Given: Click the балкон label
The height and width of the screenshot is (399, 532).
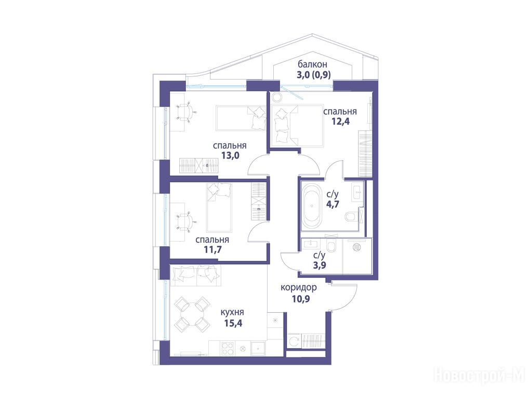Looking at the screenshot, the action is click(312, 64).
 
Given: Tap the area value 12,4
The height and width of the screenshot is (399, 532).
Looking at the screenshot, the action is click(340, 121).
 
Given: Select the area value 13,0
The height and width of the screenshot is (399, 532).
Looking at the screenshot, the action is click(230, 155).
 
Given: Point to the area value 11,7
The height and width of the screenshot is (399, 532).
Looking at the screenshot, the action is click(212, 250).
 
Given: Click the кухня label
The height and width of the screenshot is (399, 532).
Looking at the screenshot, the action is click(232, 312).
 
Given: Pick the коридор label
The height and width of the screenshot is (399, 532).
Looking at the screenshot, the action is click(299, 288).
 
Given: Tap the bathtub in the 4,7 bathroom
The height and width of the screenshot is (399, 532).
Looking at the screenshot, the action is click(312, 206).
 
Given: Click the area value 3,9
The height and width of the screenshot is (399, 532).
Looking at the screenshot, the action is click(320, 265).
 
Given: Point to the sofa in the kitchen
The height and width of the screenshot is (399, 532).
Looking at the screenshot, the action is click(196, 276).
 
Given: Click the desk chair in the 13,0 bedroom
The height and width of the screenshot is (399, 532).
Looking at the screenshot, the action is click(186, 112).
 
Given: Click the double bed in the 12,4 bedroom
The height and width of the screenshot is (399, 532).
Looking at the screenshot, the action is click(298, 125).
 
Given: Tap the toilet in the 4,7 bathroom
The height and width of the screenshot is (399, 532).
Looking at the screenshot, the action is click(351, 216).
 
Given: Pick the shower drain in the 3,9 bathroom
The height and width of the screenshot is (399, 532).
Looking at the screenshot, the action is click(356, 247).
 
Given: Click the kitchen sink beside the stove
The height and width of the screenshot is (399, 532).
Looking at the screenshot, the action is click(259, 348).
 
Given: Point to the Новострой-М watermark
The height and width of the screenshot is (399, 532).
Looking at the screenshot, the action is click(480, 376).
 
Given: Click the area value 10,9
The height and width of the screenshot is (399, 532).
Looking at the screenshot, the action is click(301, 299).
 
